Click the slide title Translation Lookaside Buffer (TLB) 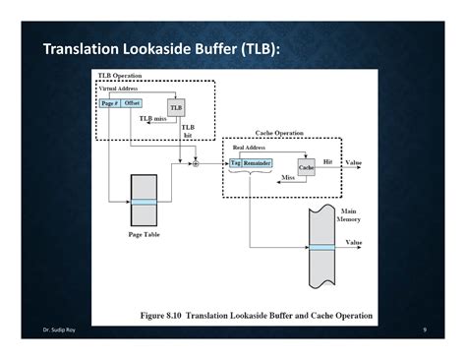point(161,49)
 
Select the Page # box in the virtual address point(109,103)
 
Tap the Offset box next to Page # point(132,103)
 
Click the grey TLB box point(177,107)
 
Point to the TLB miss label point(151,119)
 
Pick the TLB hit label point(188,131)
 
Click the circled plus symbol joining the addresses point(196,162)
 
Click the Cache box point(306,168)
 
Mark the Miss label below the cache point(288,178)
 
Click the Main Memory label point(349,215)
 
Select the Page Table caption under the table point(144,235)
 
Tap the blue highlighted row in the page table point(144,202)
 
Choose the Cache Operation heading point(279,133)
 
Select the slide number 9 point(423,330)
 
